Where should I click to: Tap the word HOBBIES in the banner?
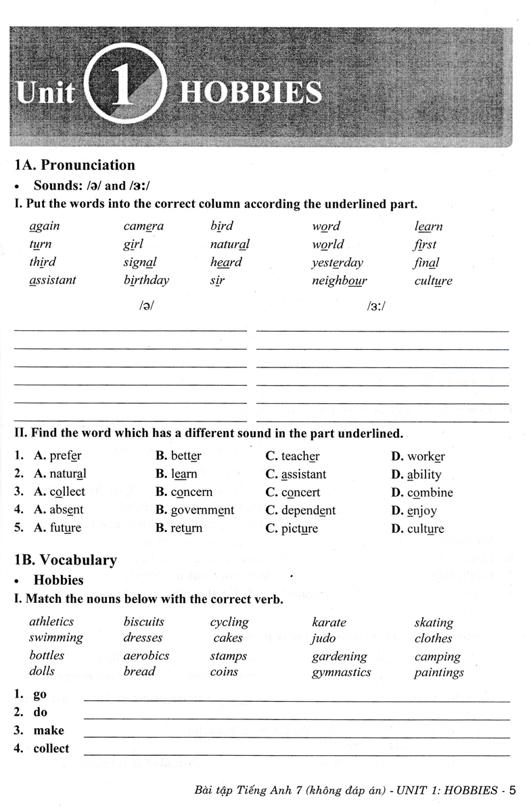(x=250, y=92)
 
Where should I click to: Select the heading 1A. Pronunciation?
(x=74, y=165)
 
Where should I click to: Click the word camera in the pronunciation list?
(x=143, y=226)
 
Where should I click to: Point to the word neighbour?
(x=339, y=280)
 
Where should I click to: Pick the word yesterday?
(x=337, y=263)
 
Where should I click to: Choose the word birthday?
(x=146, y=280)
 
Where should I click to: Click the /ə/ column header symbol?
(x=146, y=305)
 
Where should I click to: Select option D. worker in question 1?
(x=418, y=457)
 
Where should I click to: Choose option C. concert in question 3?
(x=293, y=493)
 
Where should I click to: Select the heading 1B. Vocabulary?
(x=66, y=560)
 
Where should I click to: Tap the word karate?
(x=329, y=623)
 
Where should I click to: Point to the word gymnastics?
(x=341, y=672)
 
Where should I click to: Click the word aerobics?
(x=146, y=656)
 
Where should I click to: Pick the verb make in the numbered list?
(x=49, y=730)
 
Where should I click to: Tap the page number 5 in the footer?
(x=512, y=790)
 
